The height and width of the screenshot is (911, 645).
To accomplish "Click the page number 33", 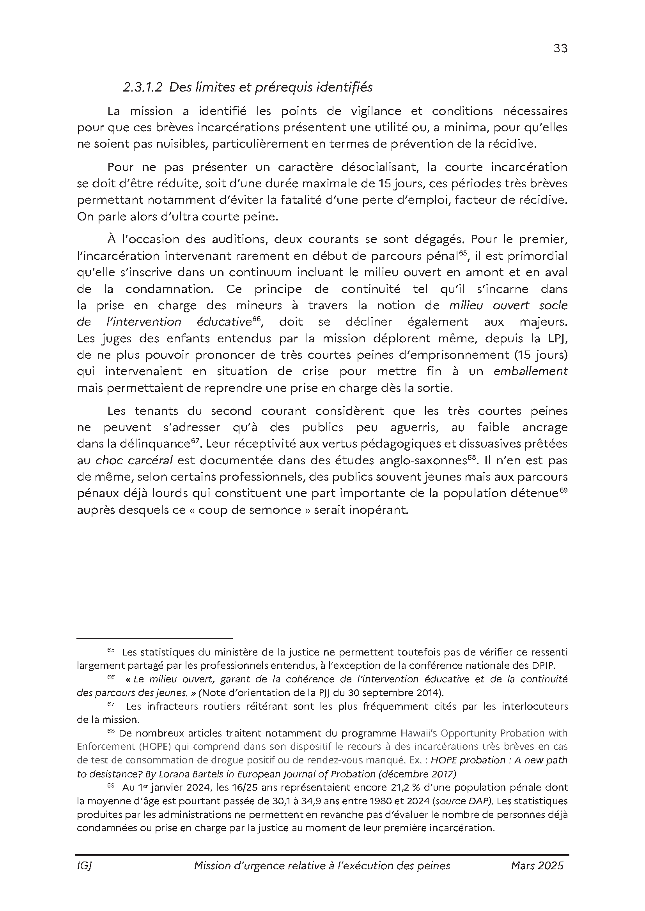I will [x=560, y=48].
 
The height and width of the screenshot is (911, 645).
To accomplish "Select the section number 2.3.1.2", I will [x=142, y=87].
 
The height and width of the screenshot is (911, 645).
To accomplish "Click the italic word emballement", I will [x=530, y=371].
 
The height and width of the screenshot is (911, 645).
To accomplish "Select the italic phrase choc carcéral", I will [x=134, y=460].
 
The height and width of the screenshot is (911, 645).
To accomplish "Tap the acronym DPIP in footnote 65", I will [x=555, y=665].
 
